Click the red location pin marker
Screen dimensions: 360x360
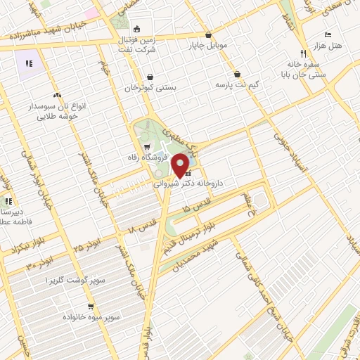181,165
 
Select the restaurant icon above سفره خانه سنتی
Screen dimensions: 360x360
304,53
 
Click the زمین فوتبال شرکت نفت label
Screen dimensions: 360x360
136,43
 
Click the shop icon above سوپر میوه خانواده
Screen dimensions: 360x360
91,307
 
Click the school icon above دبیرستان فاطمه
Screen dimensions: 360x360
10,201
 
